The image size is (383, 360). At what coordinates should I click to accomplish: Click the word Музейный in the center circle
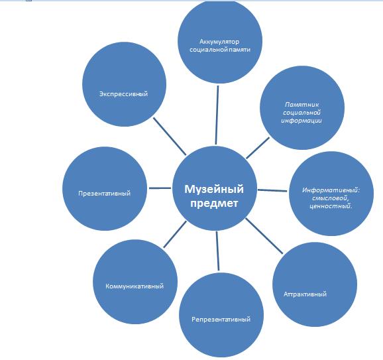pos(214,189)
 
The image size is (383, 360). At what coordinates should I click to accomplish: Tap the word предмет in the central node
pos(214,204)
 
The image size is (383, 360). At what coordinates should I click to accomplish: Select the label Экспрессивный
pos(124,94)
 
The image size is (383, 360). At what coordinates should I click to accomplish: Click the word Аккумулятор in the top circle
pos(219,42)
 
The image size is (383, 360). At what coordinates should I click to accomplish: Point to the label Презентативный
pos(104,194)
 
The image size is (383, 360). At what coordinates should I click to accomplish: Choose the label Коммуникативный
pos(135,286)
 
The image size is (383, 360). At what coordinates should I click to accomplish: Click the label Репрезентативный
pos(221,319)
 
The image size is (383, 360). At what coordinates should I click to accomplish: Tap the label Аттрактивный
pos(305,294)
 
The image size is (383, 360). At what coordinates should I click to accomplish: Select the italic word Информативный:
pos(331,190)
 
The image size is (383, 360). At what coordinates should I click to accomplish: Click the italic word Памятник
pos(302,105)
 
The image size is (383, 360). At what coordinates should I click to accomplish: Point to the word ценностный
pos(330,206)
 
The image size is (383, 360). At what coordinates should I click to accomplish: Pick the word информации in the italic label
pos(301,121)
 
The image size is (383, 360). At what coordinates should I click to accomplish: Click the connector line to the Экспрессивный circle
pos(170,136)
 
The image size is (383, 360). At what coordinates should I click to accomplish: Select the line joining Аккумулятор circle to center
pos(217,115)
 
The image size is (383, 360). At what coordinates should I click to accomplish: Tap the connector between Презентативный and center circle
pos(160,188)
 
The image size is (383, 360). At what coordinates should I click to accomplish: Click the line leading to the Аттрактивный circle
pos(264,235)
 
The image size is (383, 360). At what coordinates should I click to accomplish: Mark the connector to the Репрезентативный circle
pos(217,251)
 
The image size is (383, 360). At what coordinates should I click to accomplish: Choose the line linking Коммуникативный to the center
pos(175,235)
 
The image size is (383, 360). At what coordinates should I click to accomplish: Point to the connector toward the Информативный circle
pos(272,190)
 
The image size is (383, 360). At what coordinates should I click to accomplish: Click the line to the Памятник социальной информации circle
pos(258,148)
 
